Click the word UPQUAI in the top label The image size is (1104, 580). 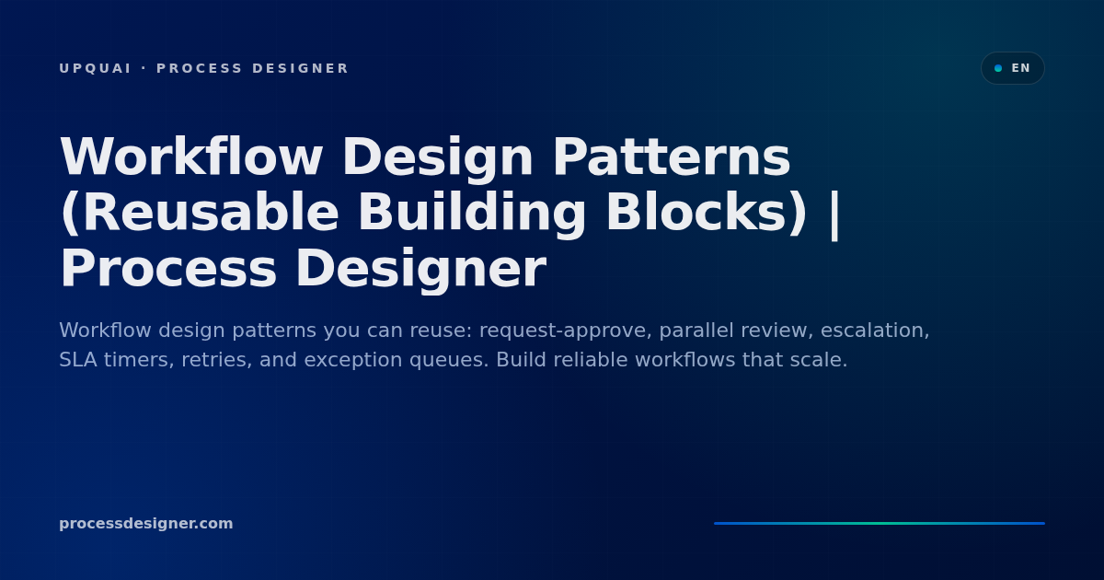(95, 68)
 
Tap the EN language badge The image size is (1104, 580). (1012, 68)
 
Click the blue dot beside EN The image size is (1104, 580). (998, 68)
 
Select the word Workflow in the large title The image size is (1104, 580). (191, 157)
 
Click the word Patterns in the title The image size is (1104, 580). (672, 157)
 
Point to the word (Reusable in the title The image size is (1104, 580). (200, 212)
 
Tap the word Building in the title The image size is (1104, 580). (472, 213)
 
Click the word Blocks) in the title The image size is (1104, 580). (707, 212)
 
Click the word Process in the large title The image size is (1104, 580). (168, 269)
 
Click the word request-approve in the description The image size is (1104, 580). (566, 331)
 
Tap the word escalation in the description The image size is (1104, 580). (875, 331)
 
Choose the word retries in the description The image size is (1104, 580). (217, 361)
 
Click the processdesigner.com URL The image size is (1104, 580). (146, 523)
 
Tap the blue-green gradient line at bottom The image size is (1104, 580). (880, 523)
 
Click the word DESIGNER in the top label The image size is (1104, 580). (300, 68)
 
